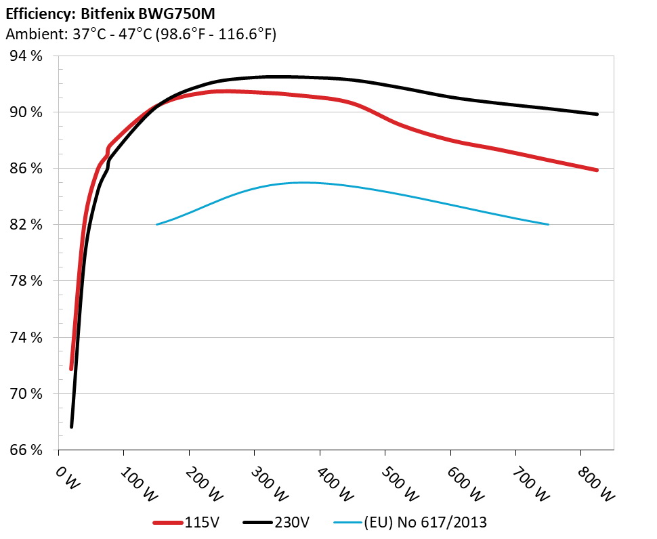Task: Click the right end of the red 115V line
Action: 597,170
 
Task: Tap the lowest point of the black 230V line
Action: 71,427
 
